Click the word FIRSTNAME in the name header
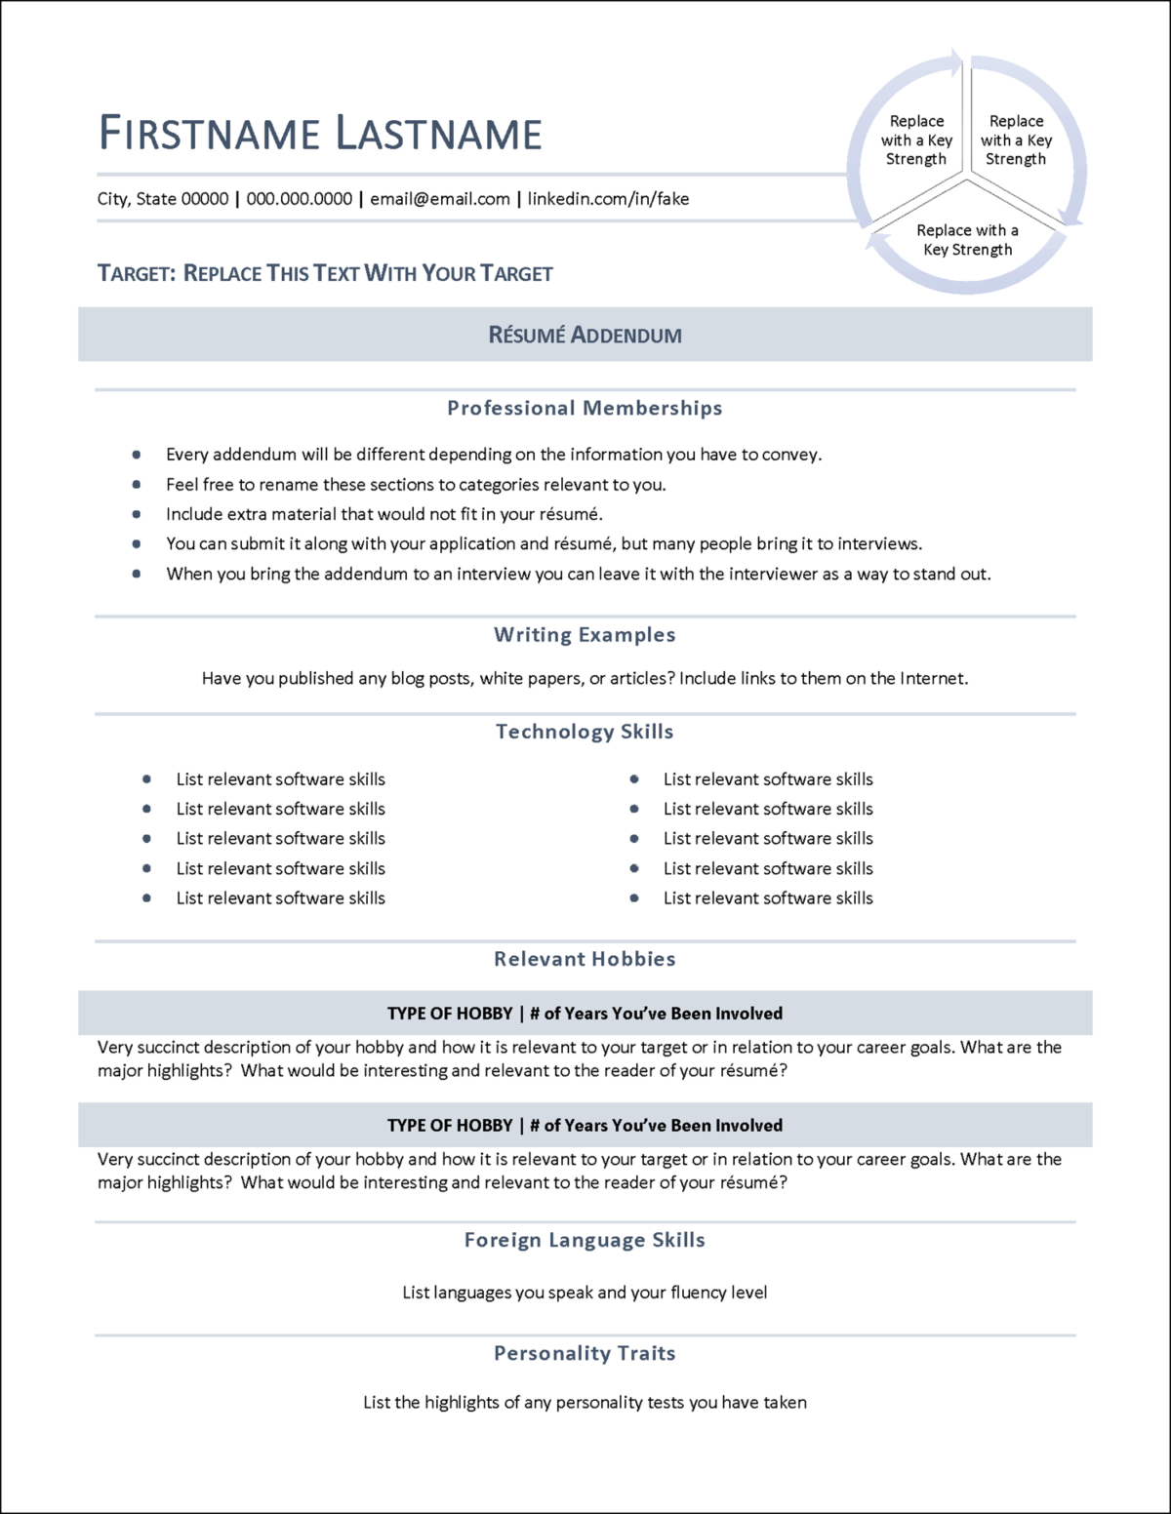click(210, 134)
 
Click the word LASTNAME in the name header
click(438, 134)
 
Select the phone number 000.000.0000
click(299, 199)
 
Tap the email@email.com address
click(439, 199)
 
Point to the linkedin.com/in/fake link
click(608, 199)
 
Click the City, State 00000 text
click(162, 199)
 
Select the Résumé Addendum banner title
click(585, 335)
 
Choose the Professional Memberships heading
click(585, 408)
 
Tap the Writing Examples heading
click(585, 635)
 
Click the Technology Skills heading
click(585, 732)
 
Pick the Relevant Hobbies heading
click(585, 959)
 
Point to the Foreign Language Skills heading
click(585, 1240)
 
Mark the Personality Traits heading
click(585, 1353)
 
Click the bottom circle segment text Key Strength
click(967, 250)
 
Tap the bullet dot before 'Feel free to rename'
click(137, 484)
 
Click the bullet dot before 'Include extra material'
click(137, 514)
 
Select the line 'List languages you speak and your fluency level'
click(585, 1293)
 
